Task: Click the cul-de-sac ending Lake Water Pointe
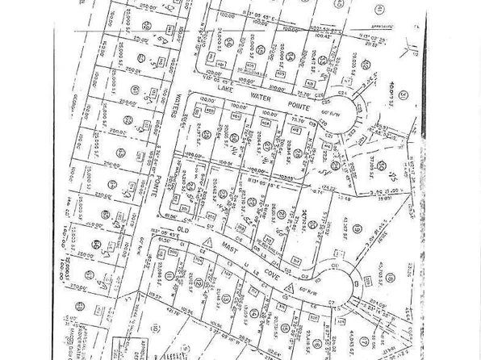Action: (x=352, y=108)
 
